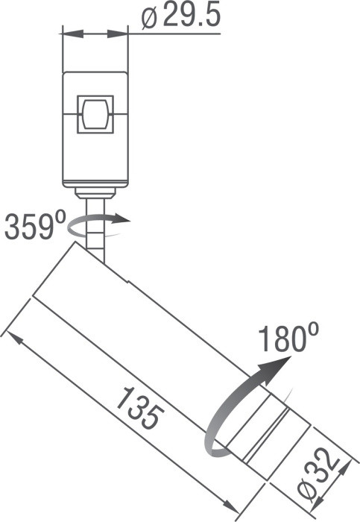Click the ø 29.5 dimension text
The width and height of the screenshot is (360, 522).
tap(180, 16)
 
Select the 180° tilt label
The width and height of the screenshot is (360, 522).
tap(284, 339)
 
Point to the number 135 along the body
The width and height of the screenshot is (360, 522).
tap(137, 408)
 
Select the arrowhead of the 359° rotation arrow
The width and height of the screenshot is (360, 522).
tap(123, 220)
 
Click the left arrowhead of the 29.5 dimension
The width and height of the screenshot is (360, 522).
tap(69, 34)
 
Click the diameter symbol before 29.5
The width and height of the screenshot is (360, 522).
tap(148, 18)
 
